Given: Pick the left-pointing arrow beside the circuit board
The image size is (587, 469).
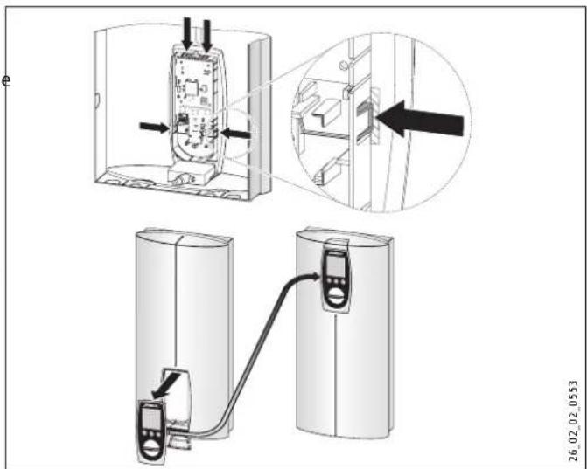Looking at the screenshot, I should pos(236,133).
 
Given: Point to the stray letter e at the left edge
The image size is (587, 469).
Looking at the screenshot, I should pos(6,81).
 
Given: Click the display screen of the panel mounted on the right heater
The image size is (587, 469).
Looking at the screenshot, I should pos(335,262).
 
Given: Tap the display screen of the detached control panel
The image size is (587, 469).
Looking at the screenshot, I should pos(150,418).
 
